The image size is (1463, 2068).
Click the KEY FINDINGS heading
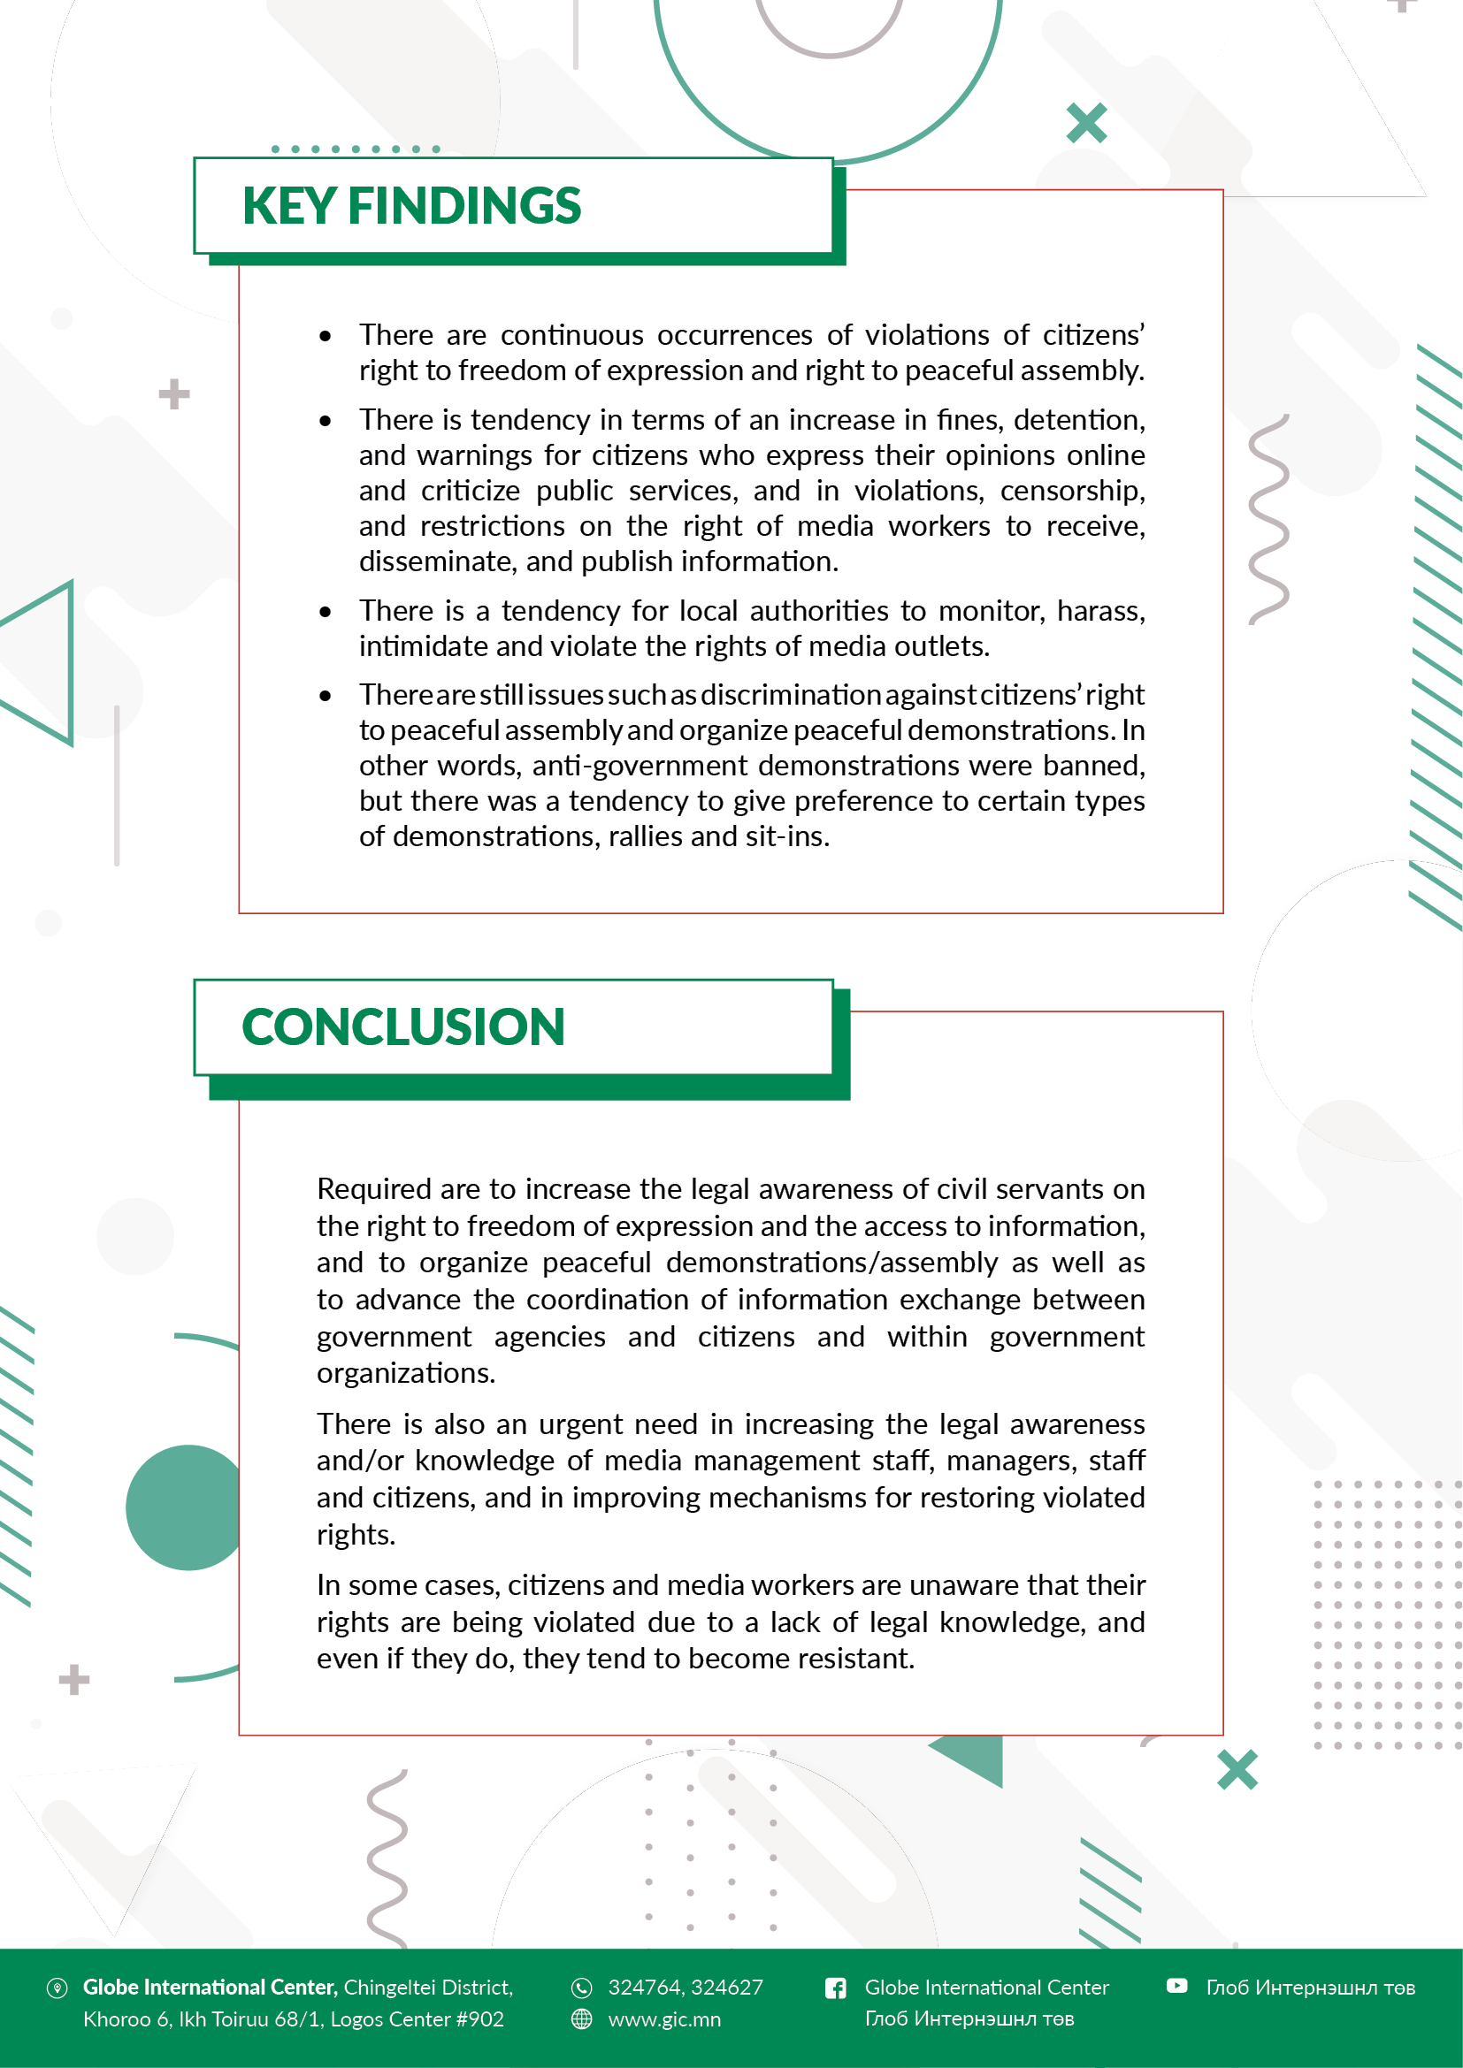(411, 206)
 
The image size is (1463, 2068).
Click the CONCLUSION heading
(402, 1027)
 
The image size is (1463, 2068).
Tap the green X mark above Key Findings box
(1086, 124)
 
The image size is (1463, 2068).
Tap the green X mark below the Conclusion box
(1237, 1770)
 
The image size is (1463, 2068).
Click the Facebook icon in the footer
(835, 1988)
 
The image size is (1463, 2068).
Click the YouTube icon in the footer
(1176, 1986)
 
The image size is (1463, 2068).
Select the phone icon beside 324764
(582, 1988)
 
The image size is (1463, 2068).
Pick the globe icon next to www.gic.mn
(582, 2019)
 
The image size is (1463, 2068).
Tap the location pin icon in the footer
(57, 1988)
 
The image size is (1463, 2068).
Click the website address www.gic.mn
(664, 2019)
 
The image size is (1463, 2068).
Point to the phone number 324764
(643, 1988)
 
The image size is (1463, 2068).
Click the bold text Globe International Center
(209, 1988)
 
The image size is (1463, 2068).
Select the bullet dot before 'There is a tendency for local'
(326, 613)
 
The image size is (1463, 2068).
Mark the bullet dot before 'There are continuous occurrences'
(326, 337)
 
